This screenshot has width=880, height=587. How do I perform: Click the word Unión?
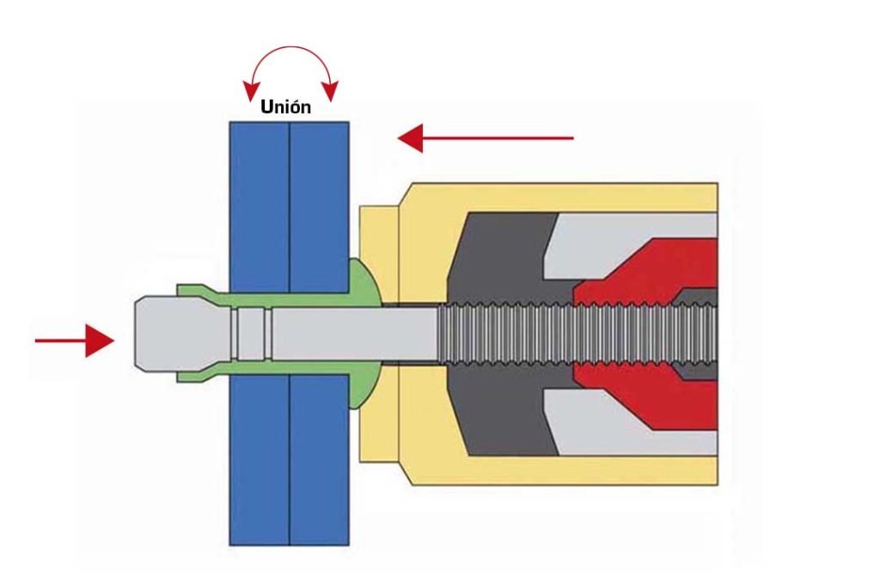(x=285, y=106)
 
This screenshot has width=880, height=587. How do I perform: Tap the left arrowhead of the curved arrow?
(x=250, y=91)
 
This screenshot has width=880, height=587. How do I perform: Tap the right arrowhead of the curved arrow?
(x=331, y=91)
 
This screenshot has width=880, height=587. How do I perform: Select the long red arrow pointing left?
(x=486, y=138)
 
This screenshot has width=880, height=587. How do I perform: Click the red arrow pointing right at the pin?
(x=75, y=340)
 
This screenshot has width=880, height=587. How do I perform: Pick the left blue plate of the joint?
(x=260, y=333)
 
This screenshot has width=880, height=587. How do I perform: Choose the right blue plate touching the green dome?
(x=320, y=333)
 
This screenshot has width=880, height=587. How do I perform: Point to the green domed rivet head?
(x=364, y=333)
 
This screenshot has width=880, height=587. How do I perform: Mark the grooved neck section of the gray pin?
(x=252, y=333)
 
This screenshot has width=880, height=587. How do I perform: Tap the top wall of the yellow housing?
(x=561, y=198)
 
